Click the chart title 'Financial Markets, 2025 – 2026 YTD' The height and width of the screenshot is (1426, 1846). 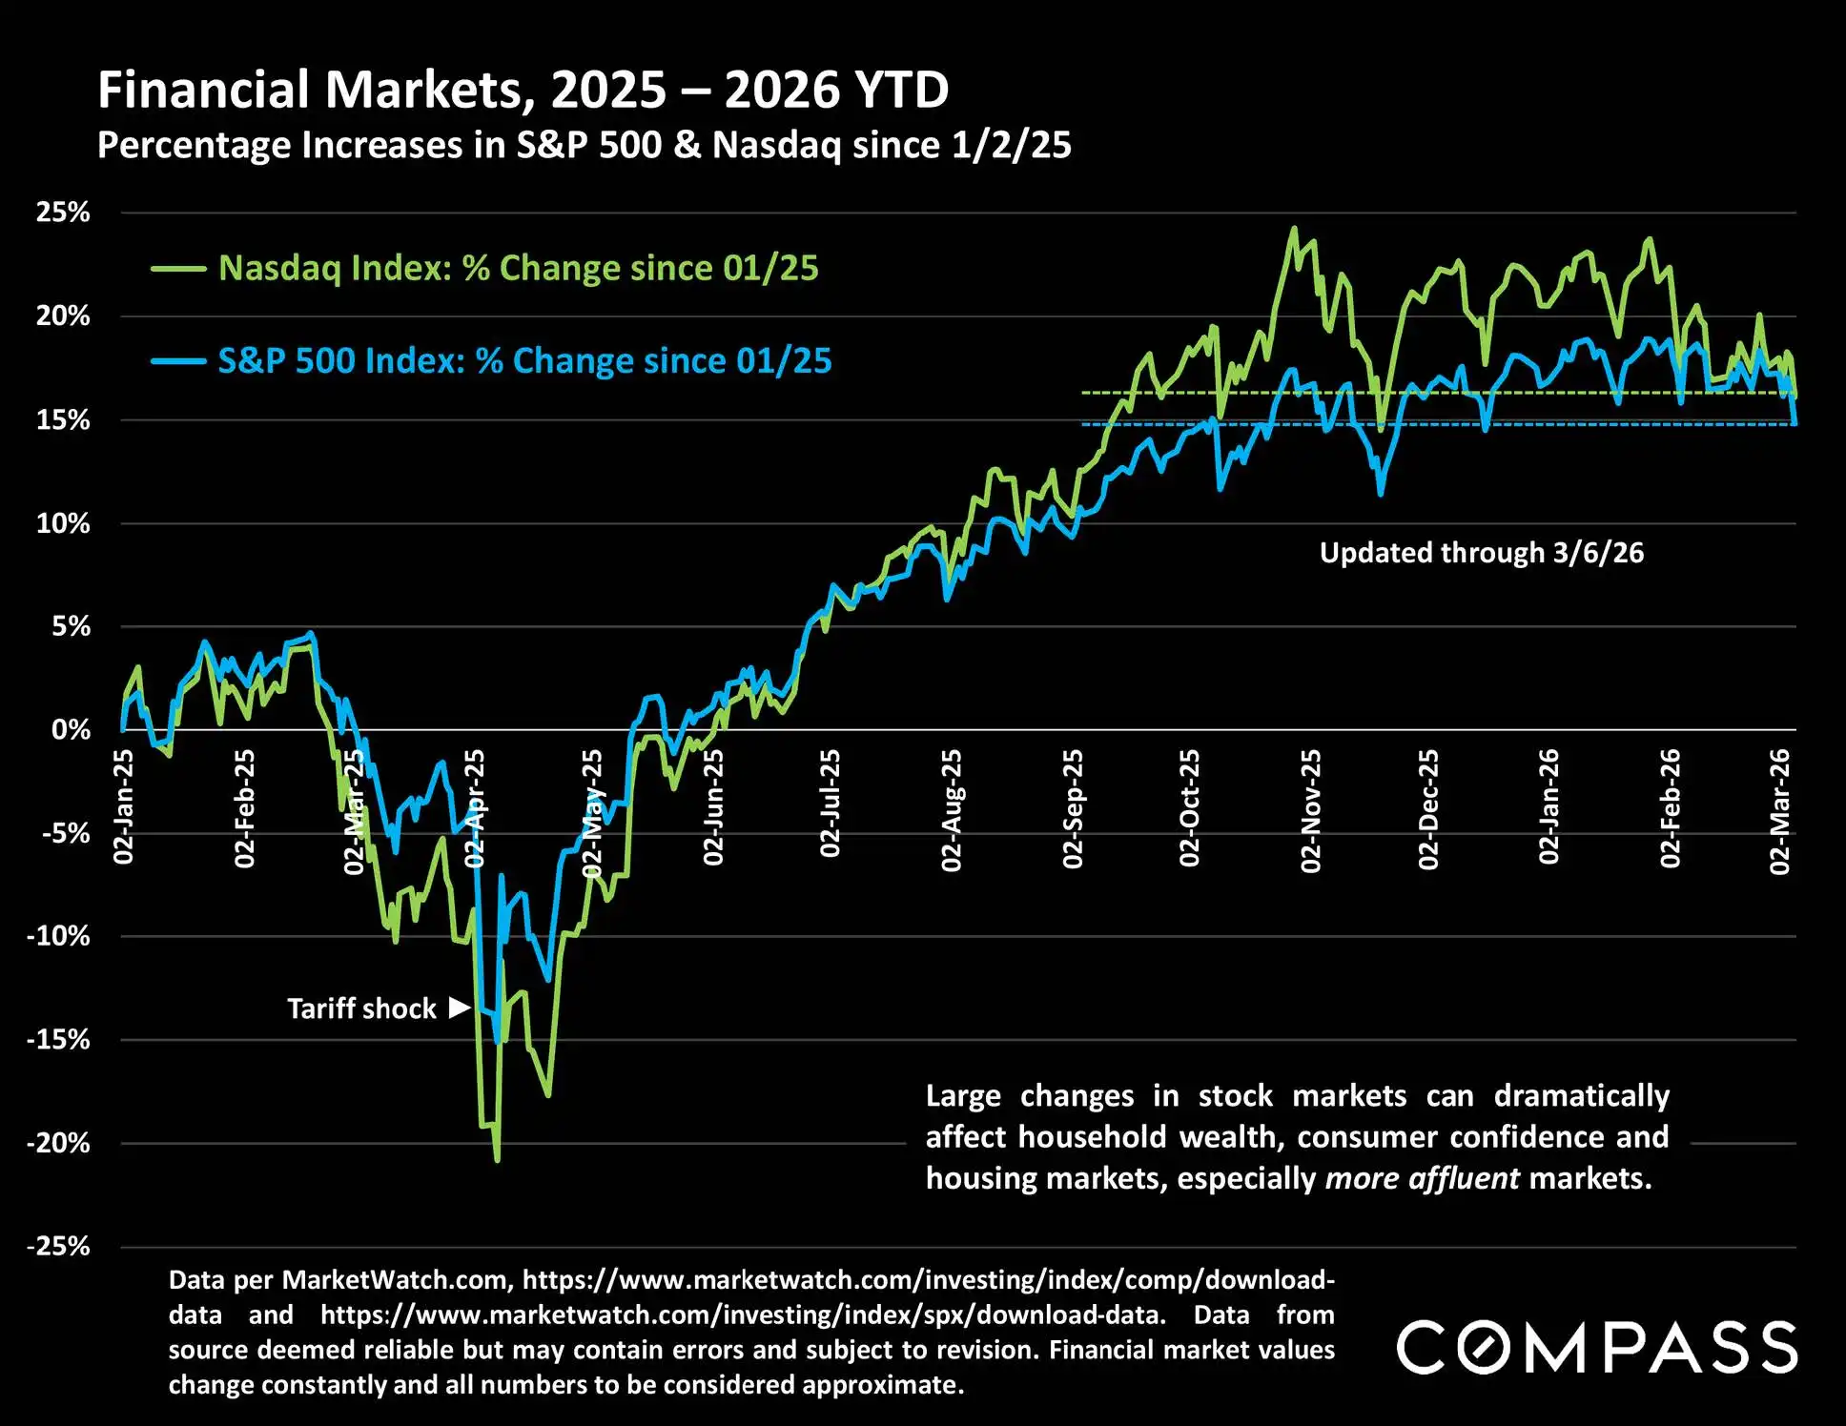(523, 91)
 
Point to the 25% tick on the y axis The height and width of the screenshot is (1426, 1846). (63, 213)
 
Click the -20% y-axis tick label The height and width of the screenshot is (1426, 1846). (58, 1143)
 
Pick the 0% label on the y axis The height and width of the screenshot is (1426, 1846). (71, 730)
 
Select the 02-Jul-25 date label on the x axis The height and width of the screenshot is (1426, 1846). (831, 803)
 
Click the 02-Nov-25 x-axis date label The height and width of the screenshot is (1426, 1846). (1311, 810)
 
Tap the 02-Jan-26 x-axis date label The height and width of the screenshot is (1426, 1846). (1549, 806)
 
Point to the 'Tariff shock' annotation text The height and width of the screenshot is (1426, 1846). (361, 1008)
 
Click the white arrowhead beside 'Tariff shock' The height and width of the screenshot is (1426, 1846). (460, 1008)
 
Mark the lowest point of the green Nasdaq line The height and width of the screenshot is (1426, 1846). (497, 1159)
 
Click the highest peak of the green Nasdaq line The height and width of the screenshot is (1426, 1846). (1294, 228)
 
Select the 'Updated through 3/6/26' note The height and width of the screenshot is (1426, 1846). (1481, 553)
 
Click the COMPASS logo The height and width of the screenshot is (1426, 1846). (1596, 1347)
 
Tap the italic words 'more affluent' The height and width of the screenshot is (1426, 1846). (1422, 1179)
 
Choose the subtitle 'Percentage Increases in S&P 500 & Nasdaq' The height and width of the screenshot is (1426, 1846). (584, 146)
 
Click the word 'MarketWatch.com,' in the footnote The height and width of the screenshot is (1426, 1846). (399, 1279)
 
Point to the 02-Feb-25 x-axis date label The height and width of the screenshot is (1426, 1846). (245, 807)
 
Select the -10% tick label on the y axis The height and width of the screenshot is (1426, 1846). (58, 936)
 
